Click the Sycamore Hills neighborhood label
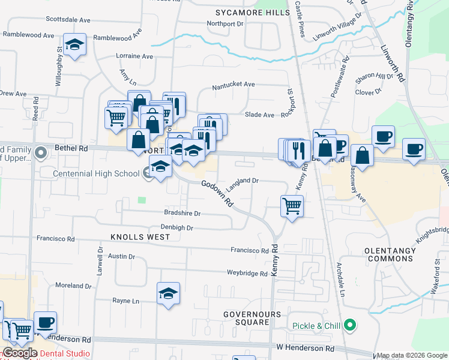(252, 11)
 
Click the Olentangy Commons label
(390, 254)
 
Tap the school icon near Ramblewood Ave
(75, 46)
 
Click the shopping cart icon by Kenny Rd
(292, 206)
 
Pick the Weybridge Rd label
(247, 274)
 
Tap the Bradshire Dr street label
(182, 213)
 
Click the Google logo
(19, 353)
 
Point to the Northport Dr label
(225, 24)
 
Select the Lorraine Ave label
(135, 56)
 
